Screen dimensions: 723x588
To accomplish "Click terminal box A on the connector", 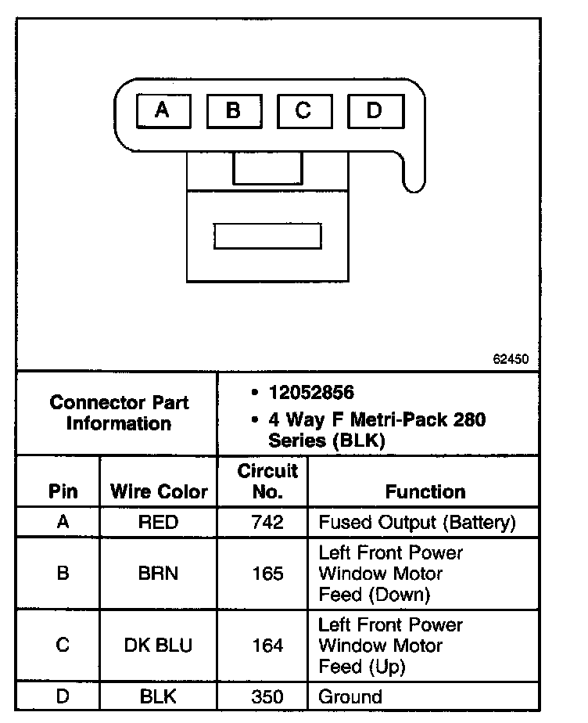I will [x=163, y=110].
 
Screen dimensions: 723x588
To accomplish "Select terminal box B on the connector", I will [x=233, y=110].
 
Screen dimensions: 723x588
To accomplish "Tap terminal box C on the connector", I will [x=303, y=110].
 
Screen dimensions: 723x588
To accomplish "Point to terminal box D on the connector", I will [x=374, y=110].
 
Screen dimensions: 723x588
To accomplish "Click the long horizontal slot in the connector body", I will [x=267, y=236].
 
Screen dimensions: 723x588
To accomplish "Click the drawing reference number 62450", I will [x=511, y=360].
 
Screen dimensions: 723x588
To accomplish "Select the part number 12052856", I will [x=311, y=393].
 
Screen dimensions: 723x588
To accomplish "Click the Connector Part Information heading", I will [x=119, y=413].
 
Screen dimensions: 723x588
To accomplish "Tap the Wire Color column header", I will [x=159, y=491].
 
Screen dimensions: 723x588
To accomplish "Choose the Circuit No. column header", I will [x=267, y=481].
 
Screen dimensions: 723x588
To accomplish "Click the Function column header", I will [x=425, y=491].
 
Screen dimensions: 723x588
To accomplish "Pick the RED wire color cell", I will [x=158, y=523].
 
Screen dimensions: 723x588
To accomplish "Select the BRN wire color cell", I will [x=158, y=574].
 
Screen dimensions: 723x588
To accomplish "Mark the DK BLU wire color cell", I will [x=158, y=646].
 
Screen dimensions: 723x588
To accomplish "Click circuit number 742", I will [x=267, y=523].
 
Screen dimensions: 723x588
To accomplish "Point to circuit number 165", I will [x=267, y=574].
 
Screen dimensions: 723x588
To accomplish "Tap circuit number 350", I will [x=267, y=696].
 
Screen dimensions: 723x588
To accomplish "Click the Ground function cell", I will [x=350, y=696].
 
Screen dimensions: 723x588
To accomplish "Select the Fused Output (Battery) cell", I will [x=416, y=523].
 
